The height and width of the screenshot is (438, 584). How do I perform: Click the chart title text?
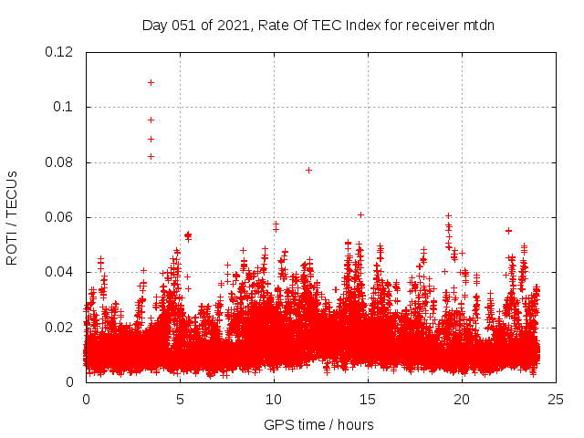point(318,25)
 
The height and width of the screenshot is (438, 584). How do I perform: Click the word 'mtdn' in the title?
point(477,25)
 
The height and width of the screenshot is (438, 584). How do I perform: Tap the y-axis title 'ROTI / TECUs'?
point(12,217)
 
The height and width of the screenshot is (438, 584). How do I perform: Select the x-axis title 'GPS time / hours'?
point(318,424)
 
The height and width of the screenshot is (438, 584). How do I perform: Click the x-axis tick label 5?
point(180,399)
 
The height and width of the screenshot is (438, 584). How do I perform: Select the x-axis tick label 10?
point(274,399)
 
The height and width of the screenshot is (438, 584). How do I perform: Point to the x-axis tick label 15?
point(368,399)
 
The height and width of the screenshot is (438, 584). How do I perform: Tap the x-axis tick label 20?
point(462,399)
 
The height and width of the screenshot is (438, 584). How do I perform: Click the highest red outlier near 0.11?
point(151,82)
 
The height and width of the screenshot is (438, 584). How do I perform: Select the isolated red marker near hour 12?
point(308,170)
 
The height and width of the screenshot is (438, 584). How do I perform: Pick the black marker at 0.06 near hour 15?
point(360,214)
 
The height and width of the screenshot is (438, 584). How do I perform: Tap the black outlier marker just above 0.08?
point(151,156)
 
